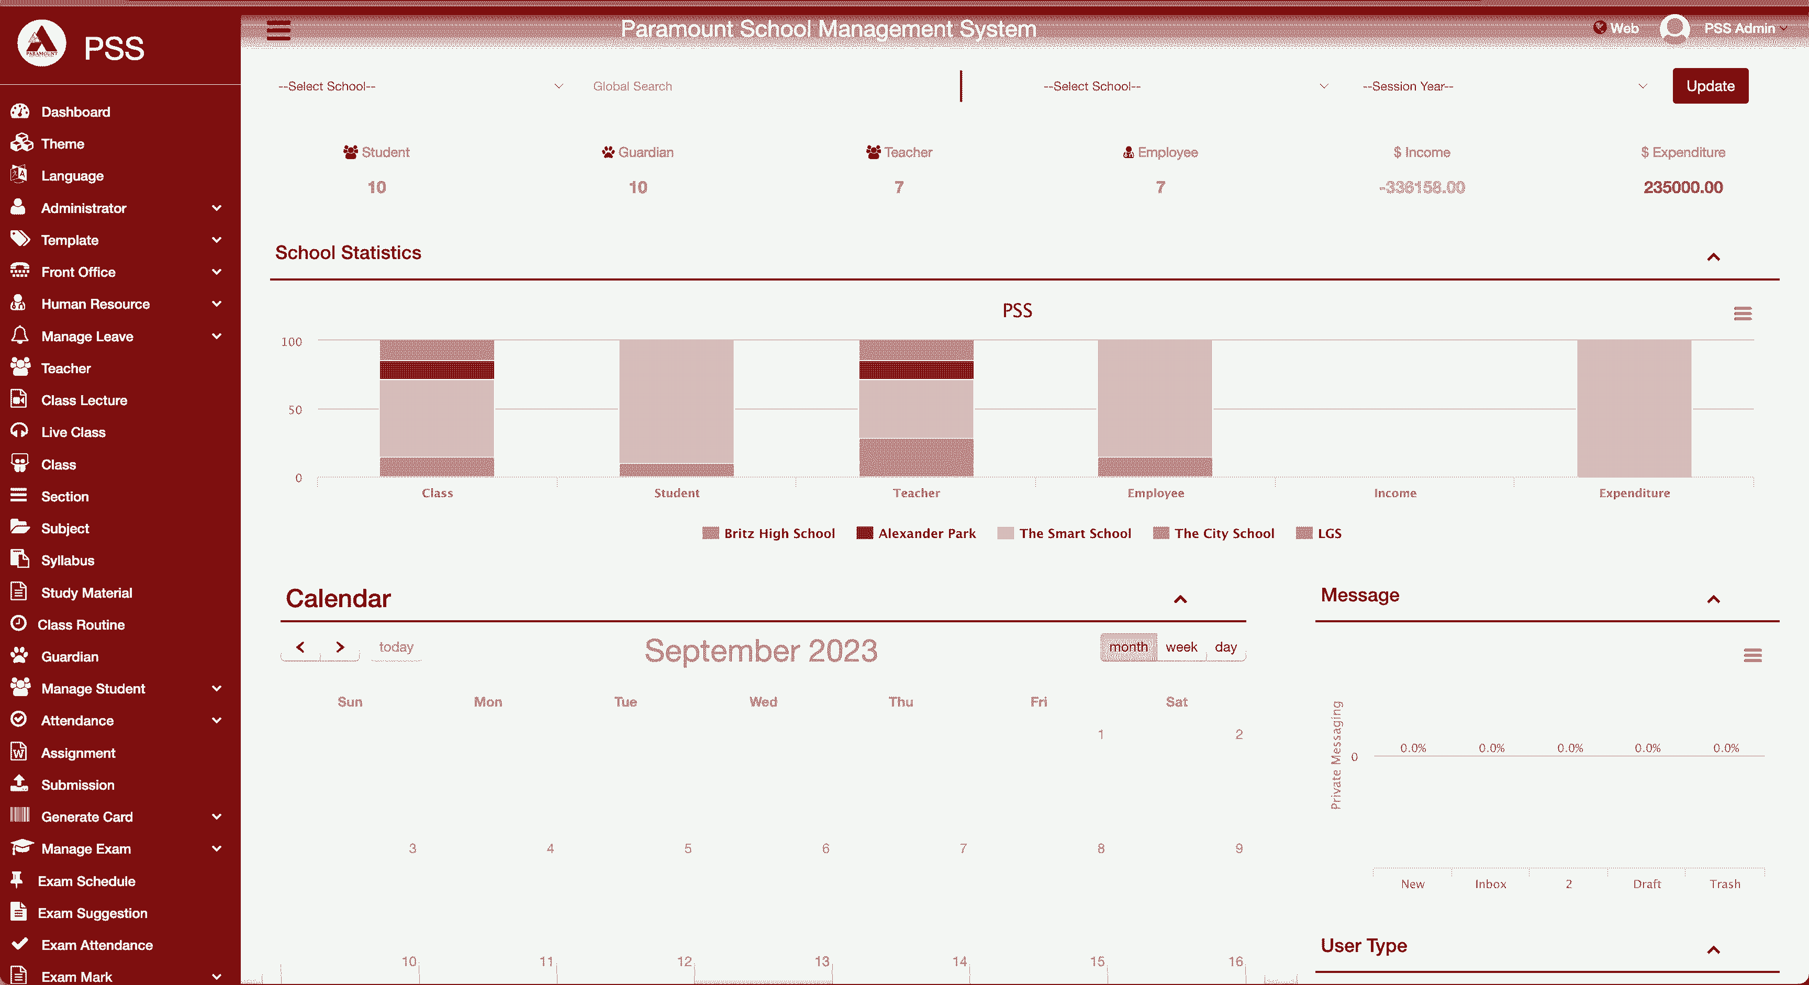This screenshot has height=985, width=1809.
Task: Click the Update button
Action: point(1710,86)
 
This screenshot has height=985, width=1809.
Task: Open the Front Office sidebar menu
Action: point(79,272)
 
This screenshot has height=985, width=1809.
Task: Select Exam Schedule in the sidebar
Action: point(86,881)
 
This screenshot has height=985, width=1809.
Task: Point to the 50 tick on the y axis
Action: point(295,410)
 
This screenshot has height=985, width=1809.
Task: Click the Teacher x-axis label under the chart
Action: point(915,493)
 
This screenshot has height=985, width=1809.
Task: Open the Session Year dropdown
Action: point(1503,86)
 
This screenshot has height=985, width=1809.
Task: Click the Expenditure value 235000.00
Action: point(1683,187)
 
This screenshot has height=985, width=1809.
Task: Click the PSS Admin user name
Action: point(1739,29)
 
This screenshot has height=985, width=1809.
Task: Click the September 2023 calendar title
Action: point(761,651)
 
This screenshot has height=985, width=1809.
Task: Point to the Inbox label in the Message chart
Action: point(1490,884)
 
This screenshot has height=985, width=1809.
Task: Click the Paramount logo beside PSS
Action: point(41,43)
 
